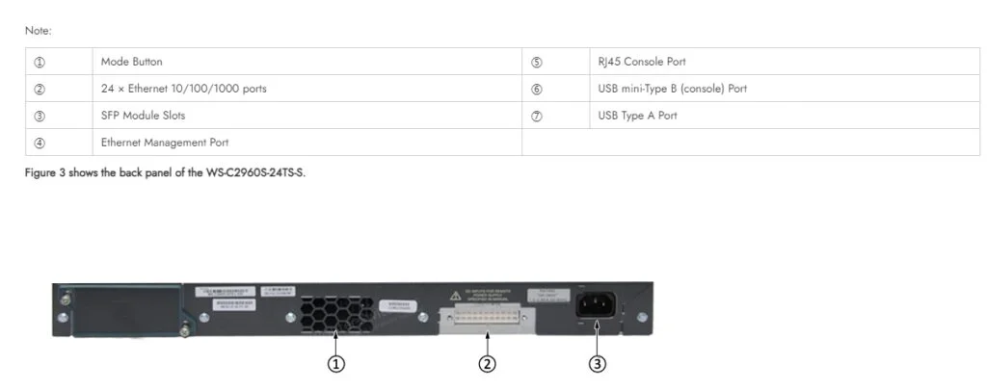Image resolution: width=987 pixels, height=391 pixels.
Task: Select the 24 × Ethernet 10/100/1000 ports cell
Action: [x=184, y=89]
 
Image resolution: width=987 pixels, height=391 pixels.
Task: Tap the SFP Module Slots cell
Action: [x=143, y=116]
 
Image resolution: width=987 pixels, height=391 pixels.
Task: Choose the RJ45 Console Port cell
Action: [x=642, y=62]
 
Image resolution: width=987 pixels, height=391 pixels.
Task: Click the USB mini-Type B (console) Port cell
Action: [x=672, y=89]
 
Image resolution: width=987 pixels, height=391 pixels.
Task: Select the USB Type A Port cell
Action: [x=637, y=116]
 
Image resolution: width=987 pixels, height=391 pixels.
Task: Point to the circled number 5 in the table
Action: [x=537, y=62]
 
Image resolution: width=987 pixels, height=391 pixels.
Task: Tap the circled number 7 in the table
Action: [x=537, y=116]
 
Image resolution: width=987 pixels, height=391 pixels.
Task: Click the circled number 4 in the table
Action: [x=40, y=143]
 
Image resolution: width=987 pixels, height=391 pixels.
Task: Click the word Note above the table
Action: [x=38, y=31]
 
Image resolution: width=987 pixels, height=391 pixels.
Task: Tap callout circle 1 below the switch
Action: [x=336, y=364]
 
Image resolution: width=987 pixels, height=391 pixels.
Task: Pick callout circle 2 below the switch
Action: [x=488, y=364]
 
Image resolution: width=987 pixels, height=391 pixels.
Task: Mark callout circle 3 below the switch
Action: [x=598, y=364]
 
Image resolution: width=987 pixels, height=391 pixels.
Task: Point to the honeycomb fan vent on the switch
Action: [x=333, y=311]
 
